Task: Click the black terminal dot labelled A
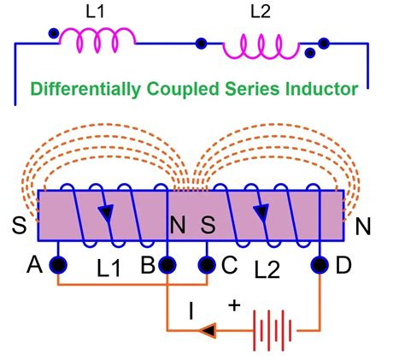(58, 263)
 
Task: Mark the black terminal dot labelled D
(320, 263)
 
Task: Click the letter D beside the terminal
(343, 265)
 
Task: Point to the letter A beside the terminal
(34, 265)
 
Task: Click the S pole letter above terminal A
(18, 227)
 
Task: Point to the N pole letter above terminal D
(363, 227)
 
